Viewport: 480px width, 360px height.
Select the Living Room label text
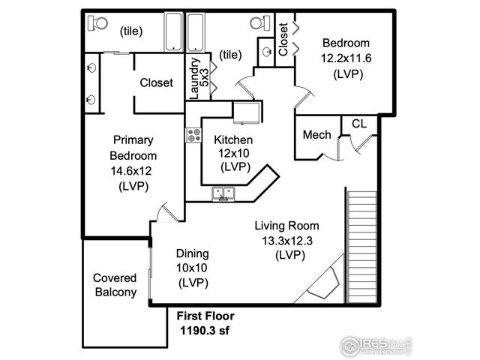pos(286,226)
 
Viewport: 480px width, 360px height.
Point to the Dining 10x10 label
pos(192,253)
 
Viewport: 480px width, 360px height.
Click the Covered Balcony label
pos(115,284)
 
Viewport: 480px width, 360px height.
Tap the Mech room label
pos(316,135)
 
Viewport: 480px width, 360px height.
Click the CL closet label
pos(359,124)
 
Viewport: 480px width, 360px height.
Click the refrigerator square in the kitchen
pos(246,112)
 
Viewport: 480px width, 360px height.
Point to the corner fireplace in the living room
pos(325,283)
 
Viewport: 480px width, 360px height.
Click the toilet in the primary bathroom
pos(97,23)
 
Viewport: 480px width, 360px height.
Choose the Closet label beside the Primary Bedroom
pos(157,82)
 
